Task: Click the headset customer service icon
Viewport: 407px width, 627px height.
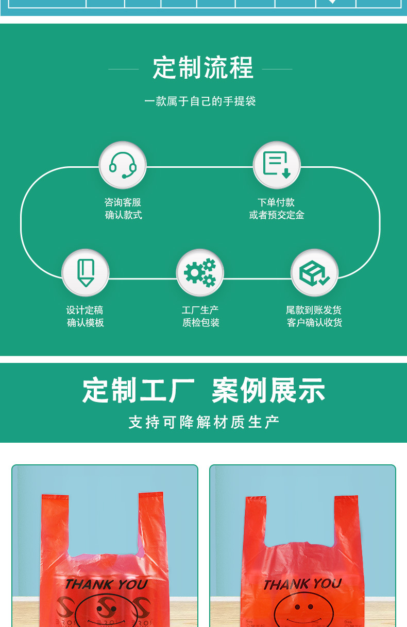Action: (123, 165)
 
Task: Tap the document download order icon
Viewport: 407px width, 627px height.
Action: (277, 165)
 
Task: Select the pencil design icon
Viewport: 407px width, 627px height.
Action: (86, 273)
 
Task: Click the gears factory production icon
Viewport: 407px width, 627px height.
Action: (200, 273)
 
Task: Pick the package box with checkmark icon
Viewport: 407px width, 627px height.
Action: (314, 273)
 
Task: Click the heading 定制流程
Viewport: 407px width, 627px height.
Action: (203, 68)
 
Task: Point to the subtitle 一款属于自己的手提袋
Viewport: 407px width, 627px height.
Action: (200, 101)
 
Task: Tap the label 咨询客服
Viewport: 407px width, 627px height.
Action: (123, 202)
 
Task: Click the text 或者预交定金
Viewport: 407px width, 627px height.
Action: (277, 215)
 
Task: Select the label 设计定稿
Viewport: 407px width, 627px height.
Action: (85, 310)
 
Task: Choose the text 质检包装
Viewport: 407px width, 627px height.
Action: (201, 323)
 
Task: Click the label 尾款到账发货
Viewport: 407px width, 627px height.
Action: (314, 310)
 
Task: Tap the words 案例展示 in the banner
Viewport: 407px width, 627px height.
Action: (268, 390)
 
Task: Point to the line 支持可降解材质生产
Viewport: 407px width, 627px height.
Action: (203, 423)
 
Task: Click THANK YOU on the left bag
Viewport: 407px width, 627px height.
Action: (106, 585)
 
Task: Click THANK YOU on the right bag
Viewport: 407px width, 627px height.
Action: (302, 584)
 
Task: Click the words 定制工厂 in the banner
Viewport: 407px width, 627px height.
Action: (138, 390)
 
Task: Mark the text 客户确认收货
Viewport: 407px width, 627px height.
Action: (314, 323)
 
